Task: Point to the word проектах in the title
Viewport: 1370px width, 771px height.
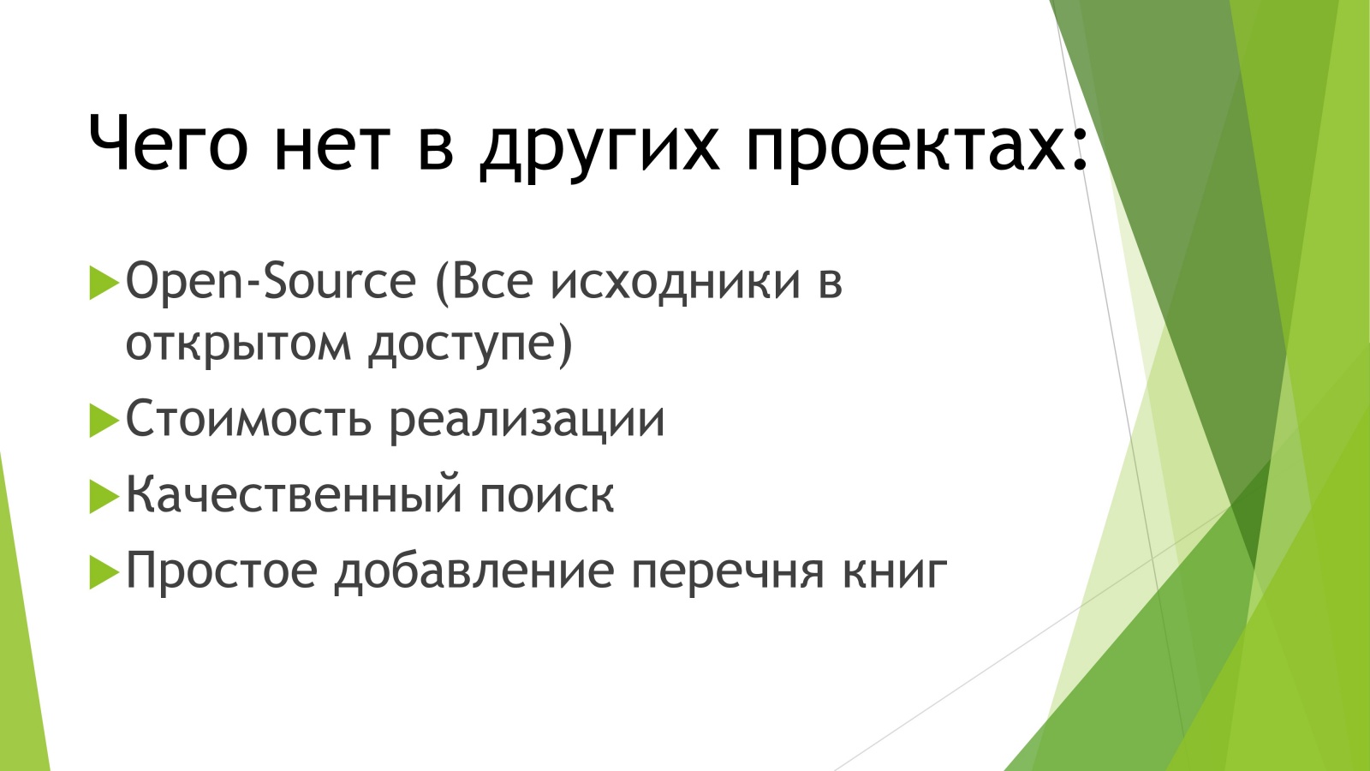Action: pos(905,146)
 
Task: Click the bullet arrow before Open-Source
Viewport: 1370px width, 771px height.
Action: pos(103,283)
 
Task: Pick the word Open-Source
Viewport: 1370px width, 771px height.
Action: pos(271,281)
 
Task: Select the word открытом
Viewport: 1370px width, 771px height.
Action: pos(238,344)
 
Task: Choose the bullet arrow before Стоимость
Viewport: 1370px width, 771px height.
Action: pos(103,421)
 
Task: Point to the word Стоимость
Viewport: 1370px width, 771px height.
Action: pos(248,420)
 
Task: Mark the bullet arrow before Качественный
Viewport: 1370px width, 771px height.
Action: pos(103,496)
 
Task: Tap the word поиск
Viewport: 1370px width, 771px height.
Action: pos(546,495)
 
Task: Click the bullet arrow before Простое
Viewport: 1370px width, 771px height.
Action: pos(103,571)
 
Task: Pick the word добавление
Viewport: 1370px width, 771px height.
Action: pos(474,571)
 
